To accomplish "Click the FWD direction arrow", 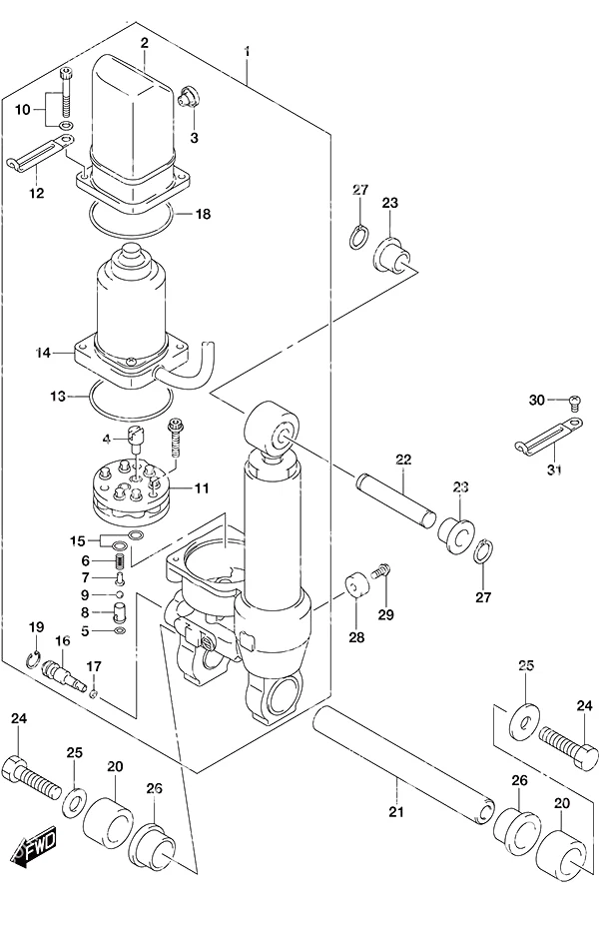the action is pyautogui.click(x=34, y=848).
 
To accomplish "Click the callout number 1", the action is pyautogui.click(x=247, y=51).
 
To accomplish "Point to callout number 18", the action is pyautogui.click(x=203, y=214).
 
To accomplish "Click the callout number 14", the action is pyautogui.click(x=43, y=353).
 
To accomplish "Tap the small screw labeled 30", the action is pyautogui.click(x=574, y=401).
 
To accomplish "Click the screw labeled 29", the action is pyautogui.click(x=381, y=569).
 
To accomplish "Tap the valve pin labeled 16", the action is pyautogui.click(x=63, y=674).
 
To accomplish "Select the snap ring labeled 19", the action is pyautogui.click(x=35, y=660).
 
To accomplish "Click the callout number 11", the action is pyautogui.click(x=201, y=488).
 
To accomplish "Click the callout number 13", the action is pyautogui.click(x=58, y=397).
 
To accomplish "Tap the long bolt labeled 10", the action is pyautogui.click(x=66, y=94).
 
